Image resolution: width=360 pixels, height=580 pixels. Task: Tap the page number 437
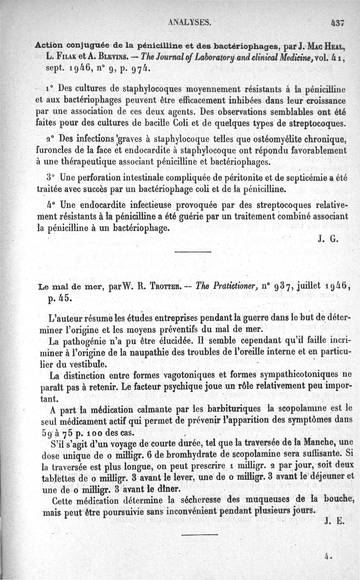point(337,22)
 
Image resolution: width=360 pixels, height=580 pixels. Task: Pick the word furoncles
point(54,150)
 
